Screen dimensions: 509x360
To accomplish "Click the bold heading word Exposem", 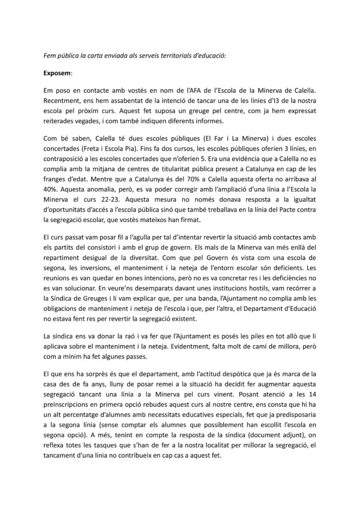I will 57,73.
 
